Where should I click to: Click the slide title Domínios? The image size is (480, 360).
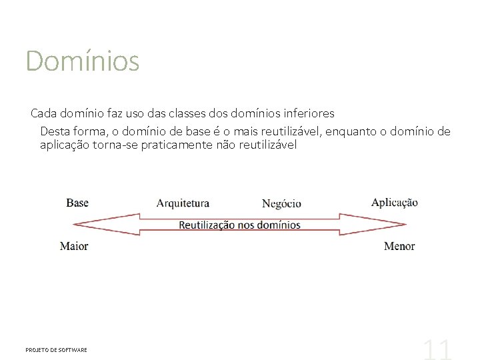pos(82,61)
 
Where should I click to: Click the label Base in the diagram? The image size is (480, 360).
pos(77,203)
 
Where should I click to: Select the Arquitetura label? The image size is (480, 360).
pos(183,203)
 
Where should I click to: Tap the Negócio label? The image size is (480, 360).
pos(281,204)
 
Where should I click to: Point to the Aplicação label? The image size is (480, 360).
pos(395,203)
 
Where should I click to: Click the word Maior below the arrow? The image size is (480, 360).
pos(74,246)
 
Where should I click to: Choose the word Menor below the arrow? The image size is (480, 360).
pos(399,246)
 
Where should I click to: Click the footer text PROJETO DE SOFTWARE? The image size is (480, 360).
pos(56,350)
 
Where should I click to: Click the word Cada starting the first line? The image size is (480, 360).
pos(44,113)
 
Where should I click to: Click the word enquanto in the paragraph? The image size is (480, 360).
pos(351,131)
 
